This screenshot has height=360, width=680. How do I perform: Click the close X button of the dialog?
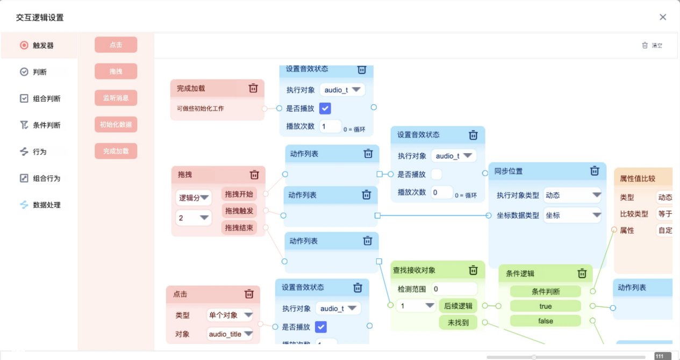click(x=663, y=17)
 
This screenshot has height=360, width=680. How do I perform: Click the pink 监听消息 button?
click(x=116, y=98)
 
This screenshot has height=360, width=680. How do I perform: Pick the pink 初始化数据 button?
click(x=116, y=125)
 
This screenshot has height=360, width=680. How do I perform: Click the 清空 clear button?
click(x=652, y=46)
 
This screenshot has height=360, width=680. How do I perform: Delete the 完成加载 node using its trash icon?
click(x=253, y=88)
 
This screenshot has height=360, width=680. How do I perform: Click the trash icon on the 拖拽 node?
click(x=254, y=175)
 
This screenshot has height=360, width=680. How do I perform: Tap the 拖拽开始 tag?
click(x=239, y=194)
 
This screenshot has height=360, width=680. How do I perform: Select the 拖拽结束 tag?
click(x=239, y=227)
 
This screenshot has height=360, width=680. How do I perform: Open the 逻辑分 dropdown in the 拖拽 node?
click(x=194, y=198)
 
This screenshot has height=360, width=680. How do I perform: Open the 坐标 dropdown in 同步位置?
click(x=572, y=215)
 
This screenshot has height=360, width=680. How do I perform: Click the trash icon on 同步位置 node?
click(x=595, y=171)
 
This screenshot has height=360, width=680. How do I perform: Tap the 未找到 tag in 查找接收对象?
click(x=458, y=322)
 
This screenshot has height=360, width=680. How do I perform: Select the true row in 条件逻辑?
click(x=545, y=306)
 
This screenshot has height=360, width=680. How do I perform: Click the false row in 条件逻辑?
click(x=545, y=321)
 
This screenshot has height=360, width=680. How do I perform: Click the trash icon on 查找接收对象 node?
click(x=473, y=270)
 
